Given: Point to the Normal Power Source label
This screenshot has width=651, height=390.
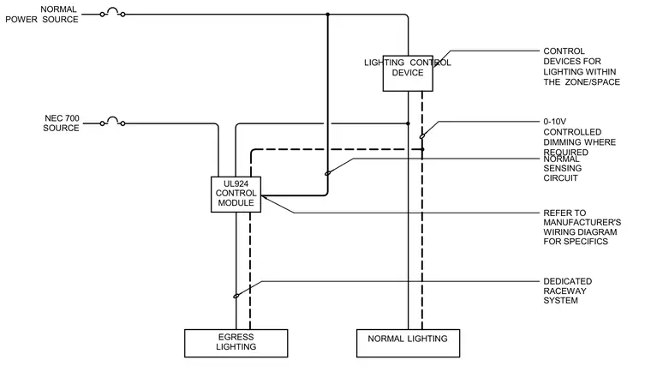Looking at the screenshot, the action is tap(41, 14).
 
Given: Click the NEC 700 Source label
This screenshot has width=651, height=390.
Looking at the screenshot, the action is tap(61, 123).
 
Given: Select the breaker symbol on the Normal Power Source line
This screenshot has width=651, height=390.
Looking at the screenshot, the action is tap(112, 13).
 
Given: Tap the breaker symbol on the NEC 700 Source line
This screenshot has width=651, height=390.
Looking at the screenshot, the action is tap(112, 121).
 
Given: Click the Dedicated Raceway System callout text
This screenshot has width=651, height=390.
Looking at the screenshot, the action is tap(568, 291).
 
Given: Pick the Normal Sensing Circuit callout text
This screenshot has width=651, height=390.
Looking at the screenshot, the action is tap(563, 169).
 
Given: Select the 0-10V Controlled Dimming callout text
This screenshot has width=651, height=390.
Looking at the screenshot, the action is tap(580, 137).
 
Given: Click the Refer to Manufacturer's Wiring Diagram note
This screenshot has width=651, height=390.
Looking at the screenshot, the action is tap(582, 227).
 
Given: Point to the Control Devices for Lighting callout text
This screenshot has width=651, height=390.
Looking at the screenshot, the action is tap(582, 67).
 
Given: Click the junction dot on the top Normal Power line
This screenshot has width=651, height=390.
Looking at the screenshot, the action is tap(327, 15).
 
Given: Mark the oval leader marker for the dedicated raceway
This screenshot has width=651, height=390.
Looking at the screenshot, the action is tap(236, 296).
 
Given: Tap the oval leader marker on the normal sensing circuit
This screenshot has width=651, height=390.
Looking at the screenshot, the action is tap(327, 173).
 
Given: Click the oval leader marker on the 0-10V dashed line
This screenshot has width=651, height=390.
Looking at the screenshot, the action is tap(422, 135).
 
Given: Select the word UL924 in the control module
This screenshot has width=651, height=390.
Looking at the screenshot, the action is tap(236, 183).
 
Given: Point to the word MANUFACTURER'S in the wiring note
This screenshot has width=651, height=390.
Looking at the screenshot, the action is tap(582, 222).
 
